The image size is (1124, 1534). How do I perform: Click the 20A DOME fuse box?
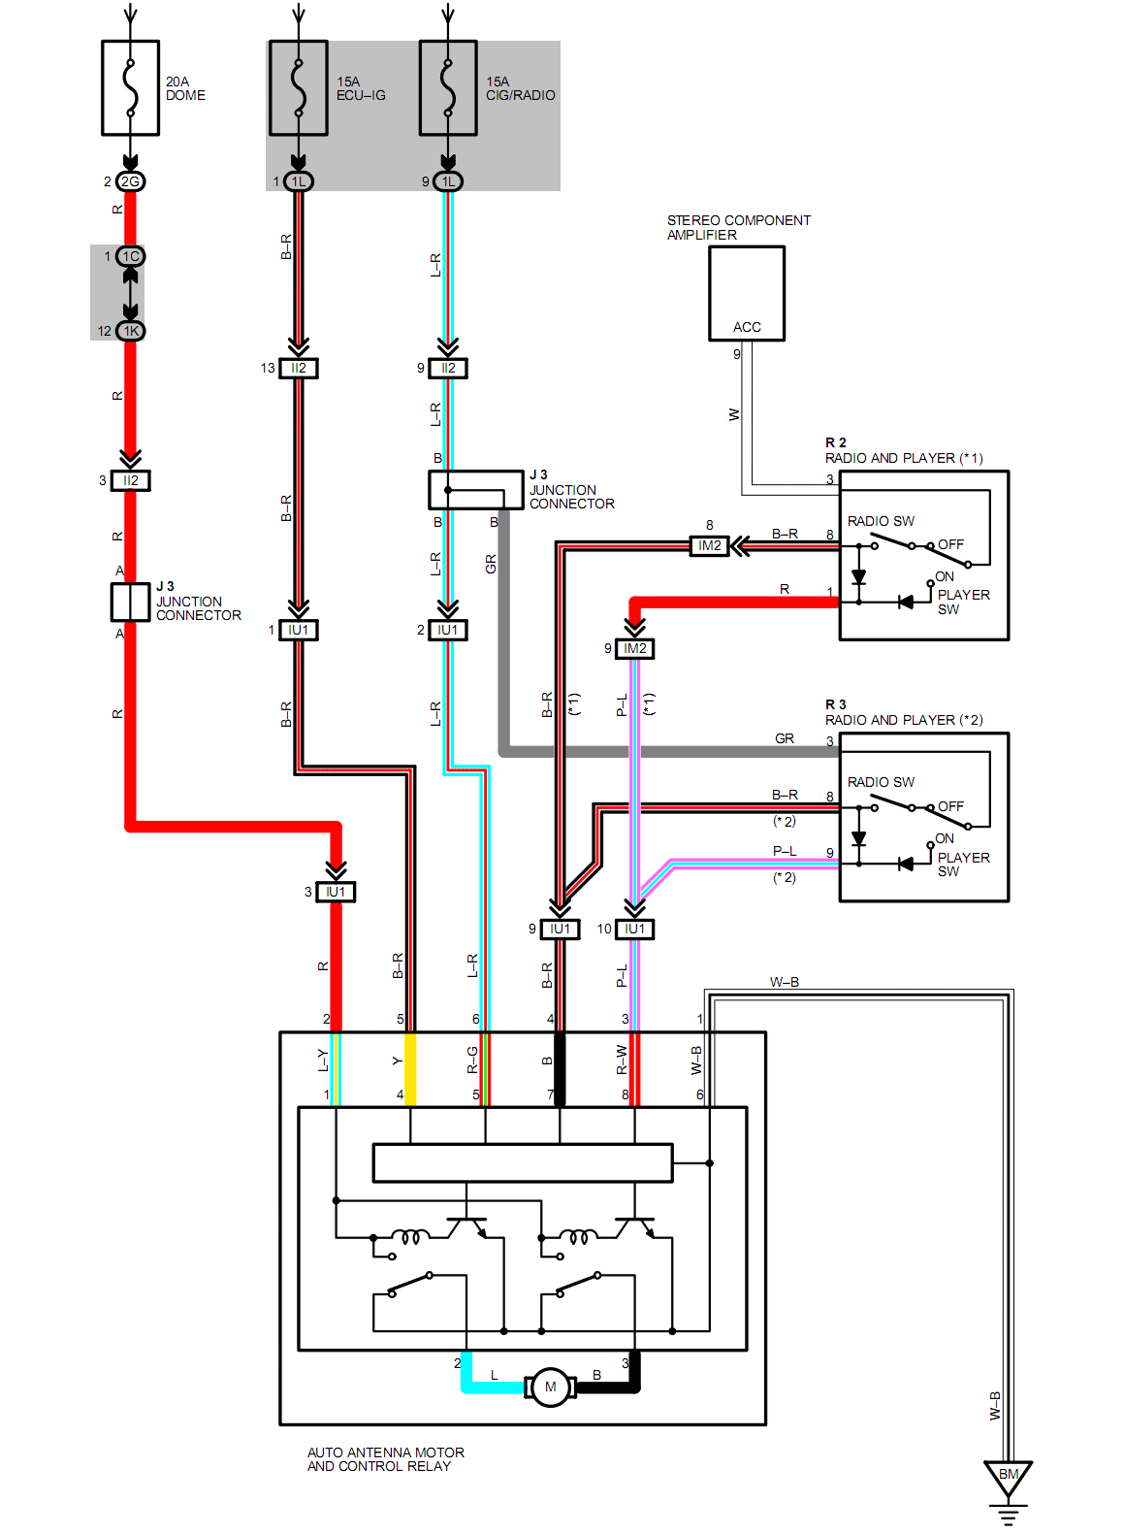pos(131,87)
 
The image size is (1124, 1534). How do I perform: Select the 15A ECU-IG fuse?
pos(299,87)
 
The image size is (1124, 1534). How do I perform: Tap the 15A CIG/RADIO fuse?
pos(448,87)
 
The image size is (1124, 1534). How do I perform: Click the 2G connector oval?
pos(130,181)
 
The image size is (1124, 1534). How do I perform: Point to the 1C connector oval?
pos(130,256)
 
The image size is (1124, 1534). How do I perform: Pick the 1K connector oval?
pos(130,331)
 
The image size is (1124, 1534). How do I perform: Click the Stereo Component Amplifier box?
pos(747,293)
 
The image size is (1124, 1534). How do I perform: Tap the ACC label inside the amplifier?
pos(747,327)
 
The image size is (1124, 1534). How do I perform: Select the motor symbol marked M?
pos(550,1387)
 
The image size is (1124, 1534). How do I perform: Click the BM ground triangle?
pos(1009,1476)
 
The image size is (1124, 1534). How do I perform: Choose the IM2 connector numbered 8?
pos(710,546)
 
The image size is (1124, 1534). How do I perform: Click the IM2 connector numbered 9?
pos(635,648)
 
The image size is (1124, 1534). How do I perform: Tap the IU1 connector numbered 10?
pos(635,929)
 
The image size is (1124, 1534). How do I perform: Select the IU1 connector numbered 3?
pos(336,892)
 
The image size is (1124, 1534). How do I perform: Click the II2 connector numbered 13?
pos(299,368)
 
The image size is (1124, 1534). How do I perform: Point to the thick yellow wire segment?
pos(410,1069)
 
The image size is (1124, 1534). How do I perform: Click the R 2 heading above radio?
pos(836,442)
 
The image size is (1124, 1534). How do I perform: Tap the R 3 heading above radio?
pos(836,704)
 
